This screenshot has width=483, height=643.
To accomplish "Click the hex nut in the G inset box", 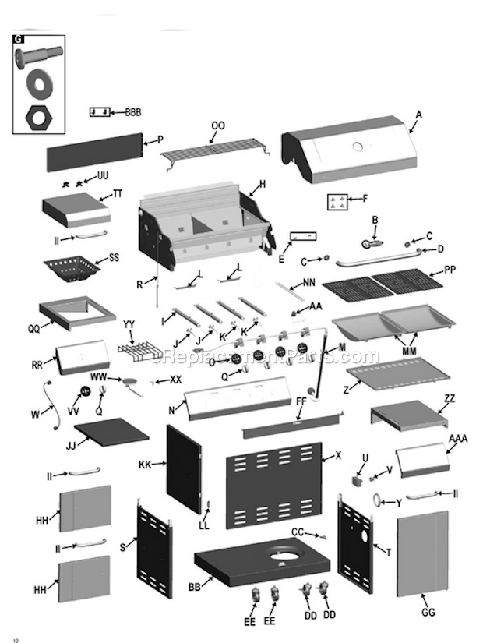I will (x=37, y=117).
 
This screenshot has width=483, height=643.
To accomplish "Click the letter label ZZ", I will (x=449, y=398).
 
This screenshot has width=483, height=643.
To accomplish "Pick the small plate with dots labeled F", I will (x=337, y=201).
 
